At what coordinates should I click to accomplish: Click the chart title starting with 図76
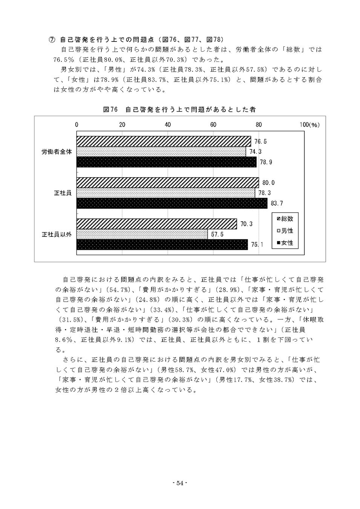(179, 109)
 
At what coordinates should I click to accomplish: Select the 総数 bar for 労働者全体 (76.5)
(164, 141)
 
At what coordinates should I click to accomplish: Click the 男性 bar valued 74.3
(161, 152)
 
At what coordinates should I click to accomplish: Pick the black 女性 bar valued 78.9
(166, 162)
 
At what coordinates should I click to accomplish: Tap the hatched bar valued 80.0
(168, 183)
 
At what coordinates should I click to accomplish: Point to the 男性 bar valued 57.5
(142, 234)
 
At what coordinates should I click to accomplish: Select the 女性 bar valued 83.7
(172, 204)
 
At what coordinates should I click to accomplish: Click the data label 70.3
(246, 224)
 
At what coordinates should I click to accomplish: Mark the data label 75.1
(257, 245)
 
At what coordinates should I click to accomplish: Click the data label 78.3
(264, 193)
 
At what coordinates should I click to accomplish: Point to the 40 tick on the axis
(168, 125)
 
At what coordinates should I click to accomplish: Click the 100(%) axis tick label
(309, 125)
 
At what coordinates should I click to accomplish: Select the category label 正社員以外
(56, 235)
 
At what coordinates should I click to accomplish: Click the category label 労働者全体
(57, 152)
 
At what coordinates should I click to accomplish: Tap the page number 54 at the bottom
(180, 483)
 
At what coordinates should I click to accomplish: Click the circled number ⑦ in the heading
(53, 39)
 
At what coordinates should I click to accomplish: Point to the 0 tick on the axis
(77, 125)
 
